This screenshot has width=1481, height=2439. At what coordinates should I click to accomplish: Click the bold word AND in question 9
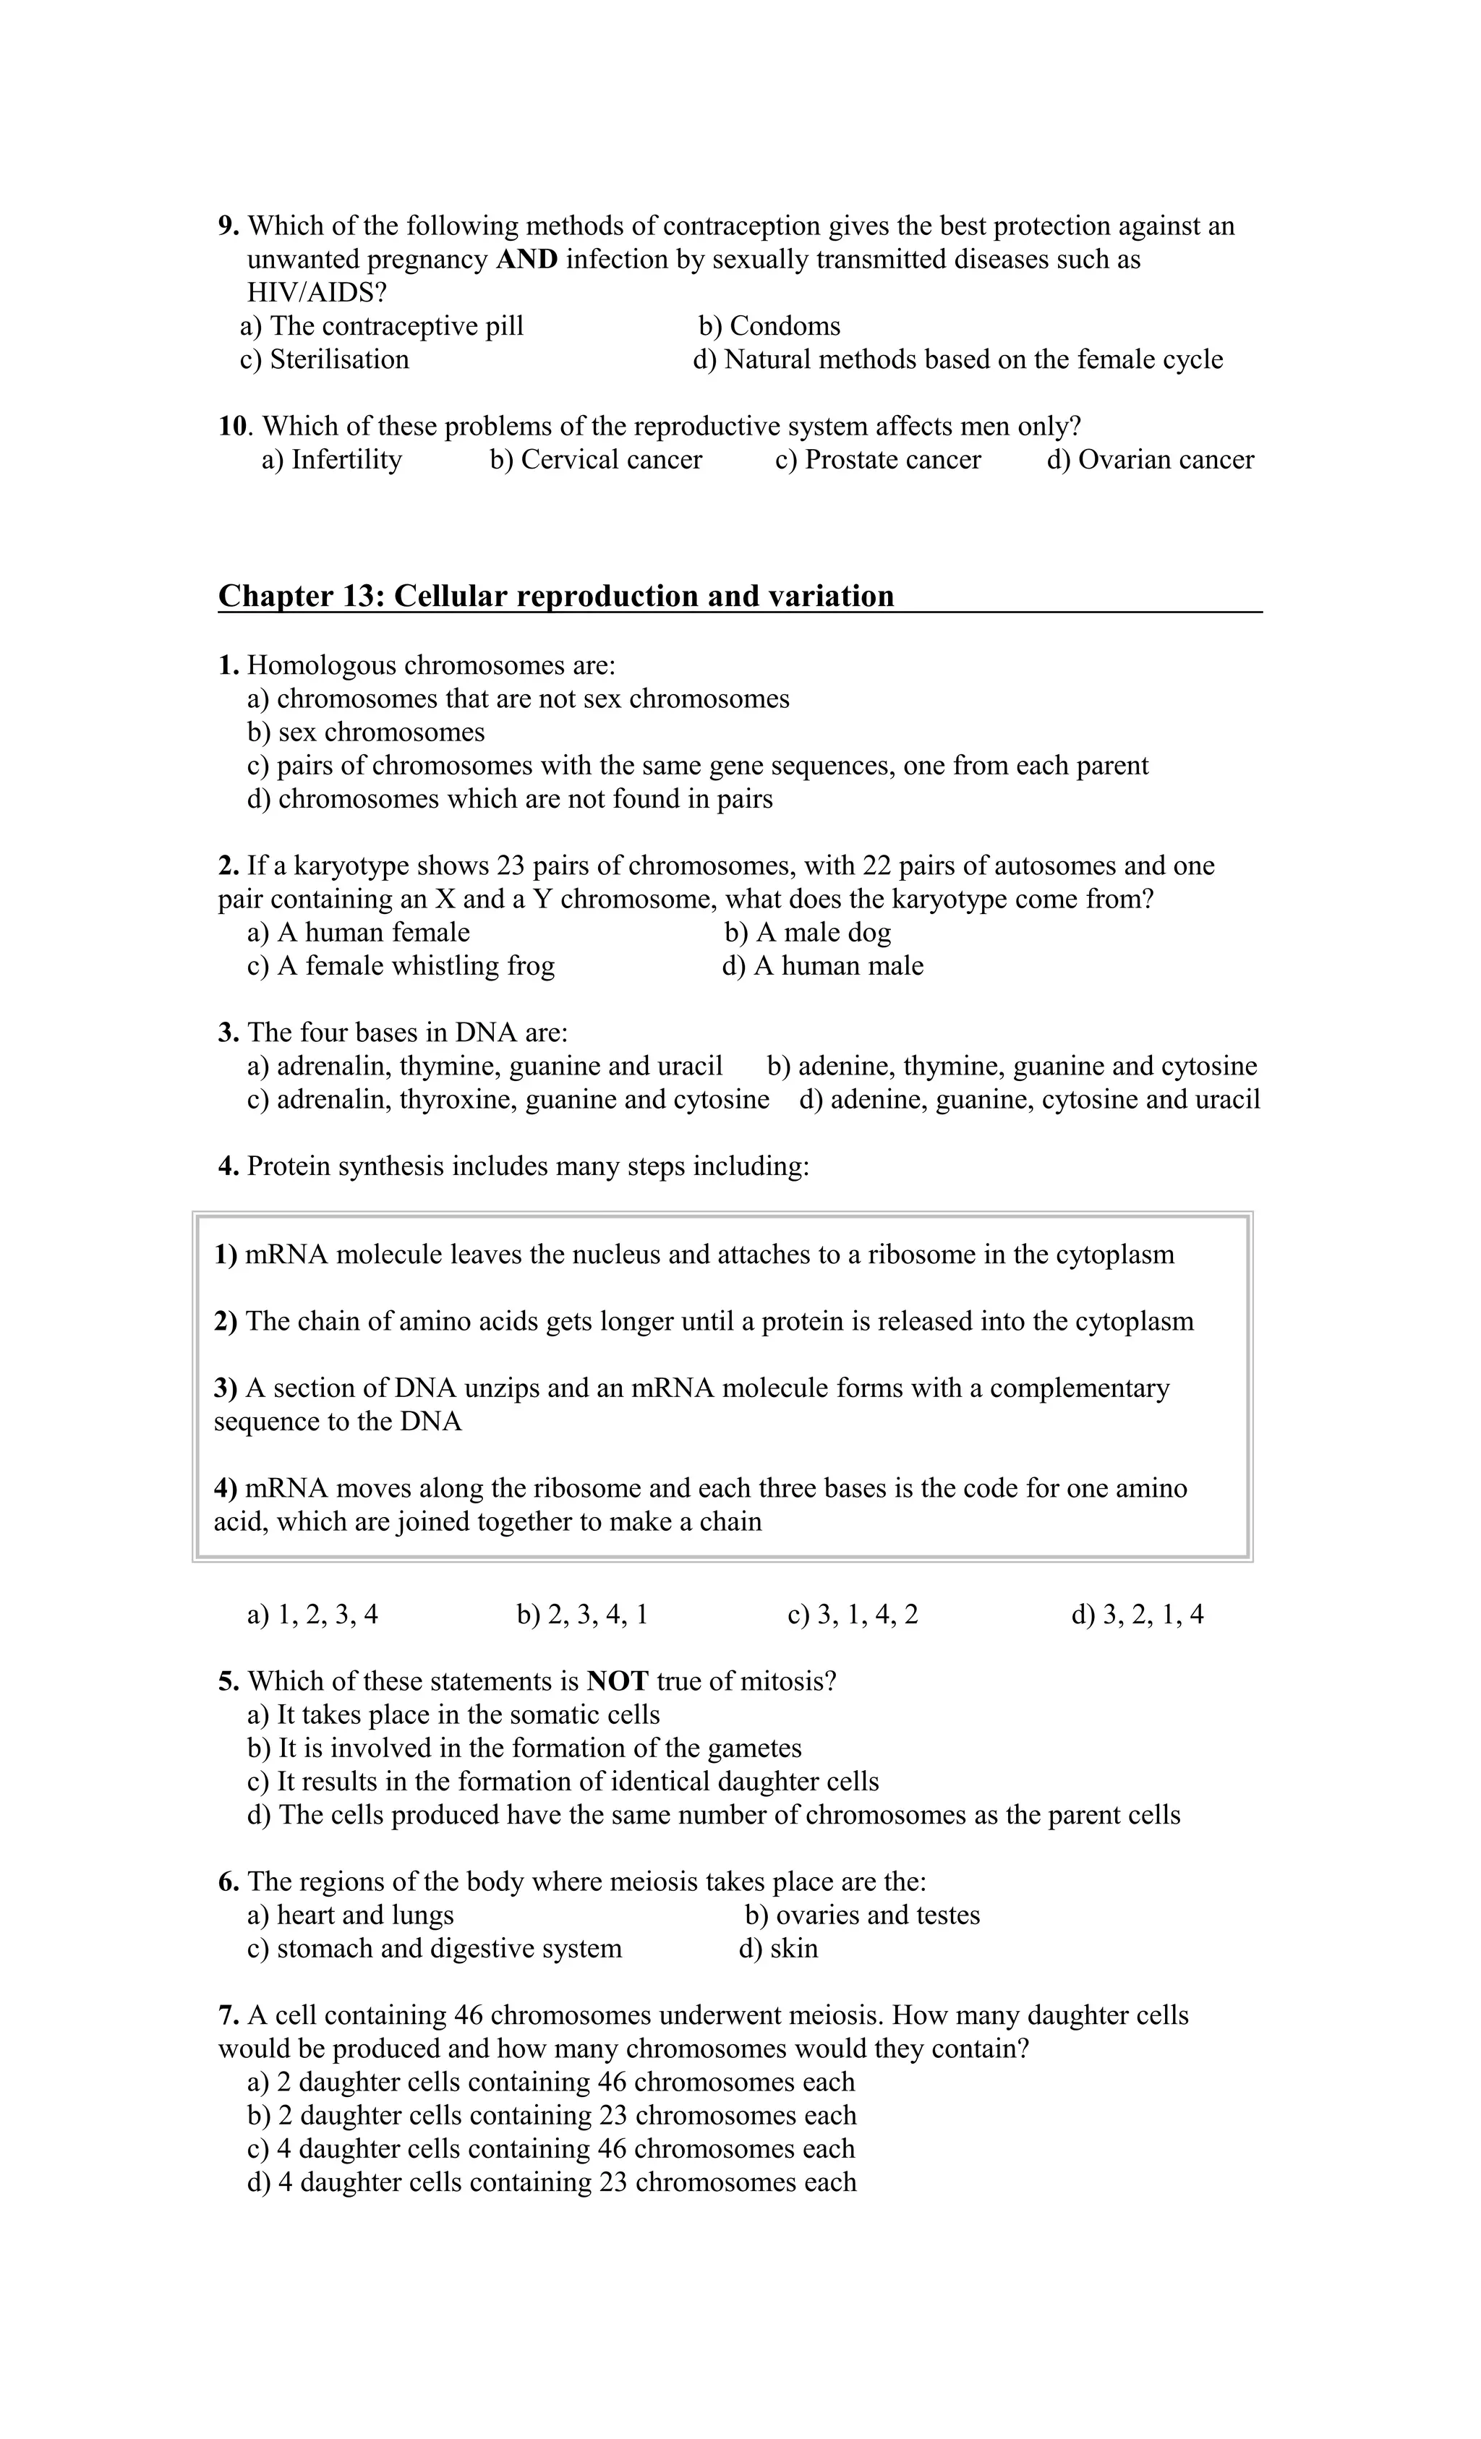526,260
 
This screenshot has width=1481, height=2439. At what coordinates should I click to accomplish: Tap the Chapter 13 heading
555,596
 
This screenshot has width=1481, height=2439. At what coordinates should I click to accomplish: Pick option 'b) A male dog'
807,933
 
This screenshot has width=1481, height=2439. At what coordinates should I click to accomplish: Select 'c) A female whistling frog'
400,965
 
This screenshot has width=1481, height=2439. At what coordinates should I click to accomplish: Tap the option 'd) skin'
778,1948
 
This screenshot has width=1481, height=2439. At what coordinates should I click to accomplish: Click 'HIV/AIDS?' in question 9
316,293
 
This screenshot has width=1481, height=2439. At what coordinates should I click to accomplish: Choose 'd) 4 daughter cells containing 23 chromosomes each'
552,2182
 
